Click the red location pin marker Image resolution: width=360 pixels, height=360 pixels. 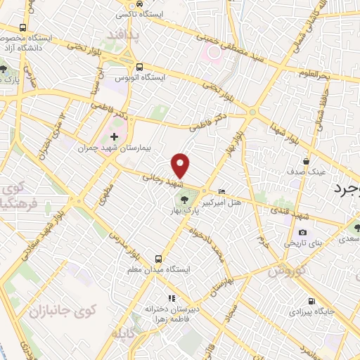coord(181,165)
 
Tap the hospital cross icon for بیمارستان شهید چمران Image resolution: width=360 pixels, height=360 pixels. coord(115,136)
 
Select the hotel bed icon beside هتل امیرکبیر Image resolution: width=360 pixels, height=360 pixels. coord(222,191)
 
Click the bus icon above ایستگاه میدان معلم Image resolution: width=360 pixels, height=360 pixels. coord(157,258)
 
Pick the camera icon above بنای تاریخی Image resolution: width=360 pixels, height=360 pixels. coord(302,232)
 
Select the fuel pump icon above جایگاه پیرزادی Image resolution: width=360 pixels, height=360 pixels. coord(302,300)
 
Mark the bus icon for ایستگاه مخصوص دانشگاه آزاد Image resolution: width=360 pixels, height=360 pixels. coord(22,26)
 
